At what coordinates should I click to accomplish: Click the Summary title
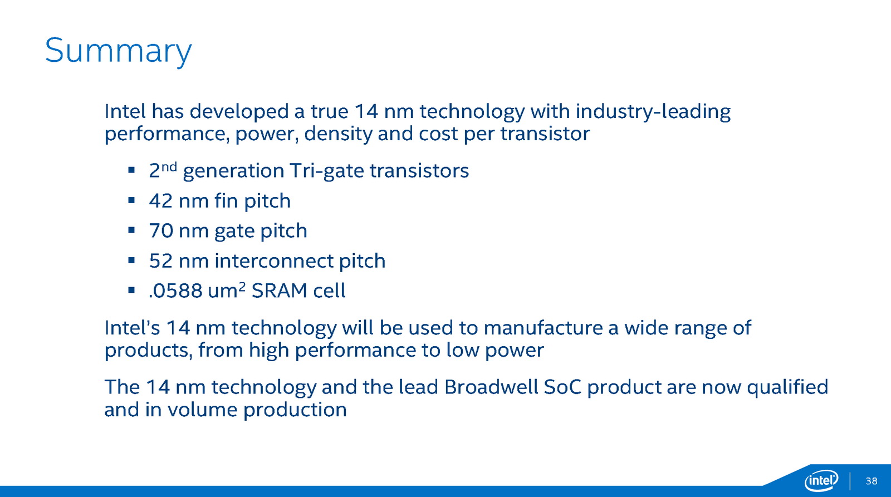pyautogui.click(x=119, y=51)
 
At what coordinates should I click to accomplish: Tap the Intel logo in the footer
pyautogui.click(x=821, y=481)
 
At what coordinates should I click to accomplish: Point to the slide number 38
pyautogui.click(x=871, y=481)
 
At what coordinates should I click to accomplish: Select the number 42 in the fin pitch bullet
pyautogui.click(x=161, y=201)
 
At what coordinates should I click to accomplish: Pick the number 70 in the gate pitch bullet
pyautogui.click(x=161, y=230)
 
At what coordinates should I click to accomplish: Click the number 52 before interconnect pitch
pyautogui.click(x=161, y=261)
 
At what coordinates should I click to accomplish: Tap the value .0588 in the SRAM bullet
pyautogui.click(x=175, y=291)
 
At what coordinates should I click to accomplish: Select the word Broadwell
pyautogui.click(x=491, y=387)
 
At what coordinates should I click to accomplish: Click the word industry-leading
pyautogui.click(x=653, y=112)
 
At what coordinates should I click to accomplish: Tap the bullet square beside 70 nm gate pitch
pyautogui.click(x=131, y=230)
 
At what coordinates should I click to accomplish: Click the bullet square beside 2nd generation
pyautogui.click(x=131, y=170)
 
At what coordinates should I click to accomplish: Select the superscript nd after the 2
pyautogui.click(x=169, y=166)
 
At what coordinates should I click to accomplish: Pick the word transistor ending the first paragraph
pyautogui.click(x=545, y=134)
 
